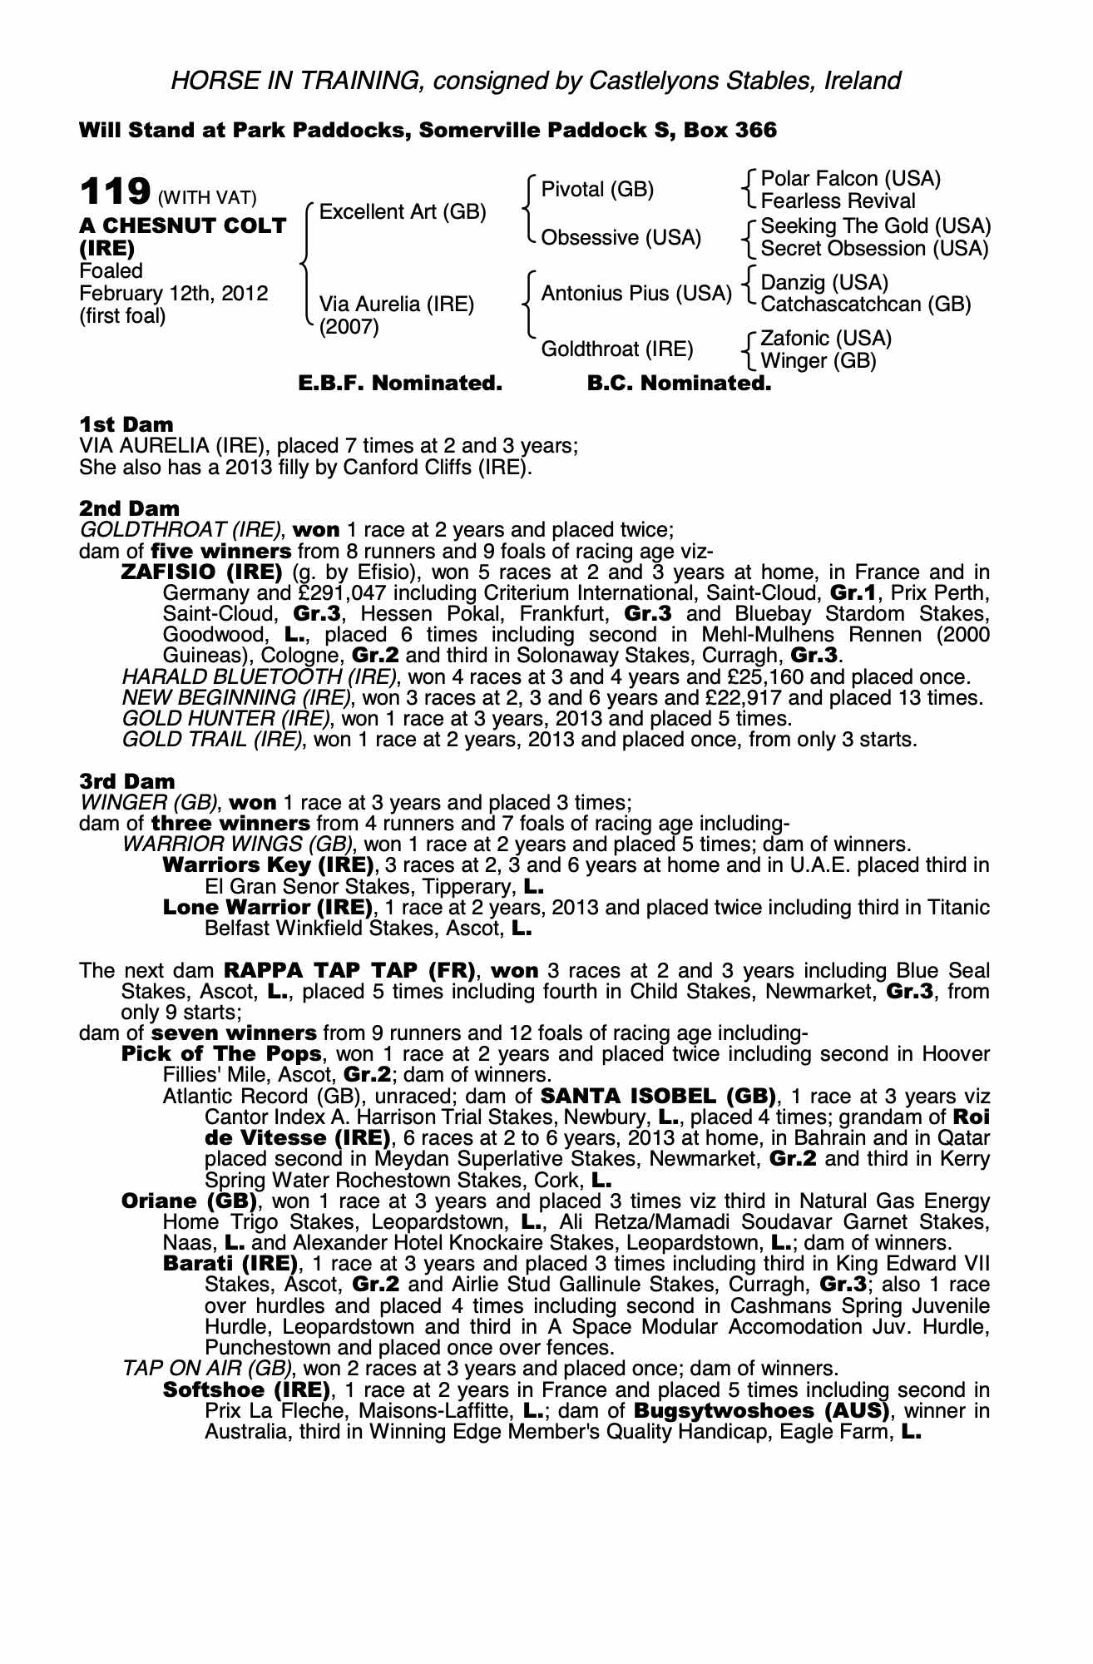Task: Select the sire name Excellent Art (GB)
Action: (403, 212)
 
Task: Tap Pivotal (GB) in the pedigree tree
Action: (597, 190)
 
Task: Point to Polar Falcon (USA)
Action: (851, 179)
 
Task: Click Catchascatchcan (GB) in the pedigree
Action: (866, 305)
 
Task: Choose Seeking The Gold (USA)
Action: (876, 226)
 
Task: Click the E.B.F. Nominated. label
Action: (400, 384)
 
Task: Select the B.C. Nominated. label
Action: (679, 384)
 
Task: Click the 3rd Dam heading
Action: (127, 781)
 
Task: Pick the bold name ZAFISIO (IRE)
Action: (202, 572)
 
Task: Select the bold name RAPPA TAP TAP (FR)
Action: (349, 971)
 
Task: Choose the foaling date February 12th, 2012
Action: (174, 294)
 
